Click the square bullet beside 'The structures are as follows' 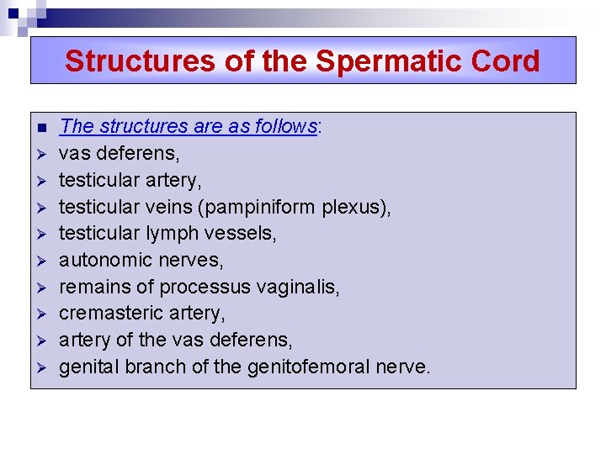pyautogui.click(x=40, y=128)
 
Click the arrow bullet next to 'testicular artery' pyautogui.click(x=40, y=181)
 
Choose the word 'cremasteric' pyautogui.click(x=109, y=314)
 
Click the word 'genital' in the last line pyautogui.click(x=88, y=367)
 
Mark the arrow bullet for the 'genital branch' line pyautogui.click(x=40, y=368)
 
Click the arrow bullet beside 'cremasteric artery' pyautogui.click(x=40, y=314)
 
